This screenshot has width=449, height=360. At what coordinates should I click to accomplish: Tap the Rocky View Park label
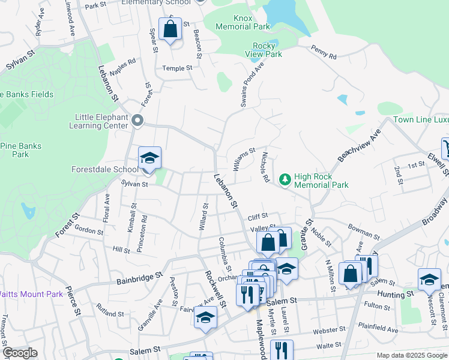[264, 50]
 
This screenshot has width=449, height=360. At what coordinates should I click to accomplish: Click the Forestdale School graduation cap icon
[149, 158]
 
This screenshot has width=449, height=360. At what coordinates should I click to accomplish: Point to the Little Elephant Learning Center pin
[137, 121]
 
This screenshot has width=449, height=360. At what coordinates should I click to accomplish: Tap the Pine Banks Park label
[20, 150]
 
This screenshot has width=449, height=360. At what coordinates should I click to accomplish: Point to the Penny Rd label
[324, 53]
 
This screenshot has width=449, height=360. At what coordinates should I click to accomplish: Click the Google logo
[19, 353]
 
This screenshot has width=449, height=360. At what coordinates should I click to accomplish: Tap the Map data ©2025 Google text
[411, 355]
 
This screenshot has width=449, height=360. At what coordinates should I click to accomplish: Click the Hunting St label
[396, 294]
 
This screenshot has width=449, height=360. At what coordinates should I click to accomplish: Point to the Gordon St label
[89, 230]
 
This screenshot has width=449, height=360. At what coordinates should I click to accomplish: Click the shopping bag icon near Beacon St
[170, 29]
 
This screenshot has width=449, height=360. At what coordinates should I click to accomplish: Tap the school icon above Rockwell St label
[205, 317]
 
